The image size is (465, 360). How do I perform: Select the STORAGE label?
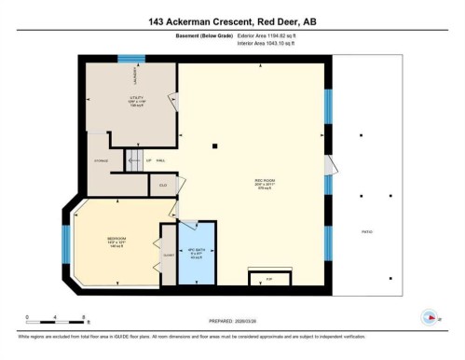coord(100,159)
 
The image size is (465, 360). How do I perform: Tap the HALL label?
coord(159,160)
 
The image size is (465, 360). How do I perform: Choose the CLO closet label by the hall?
coord(163,186)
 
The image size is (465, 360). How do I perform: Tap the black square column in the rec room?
coord(214,145)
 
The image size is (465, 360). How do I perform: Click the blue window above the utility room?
coord(131,58)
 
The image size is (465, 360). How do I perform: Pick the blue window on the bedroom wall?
coord(65,243)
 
